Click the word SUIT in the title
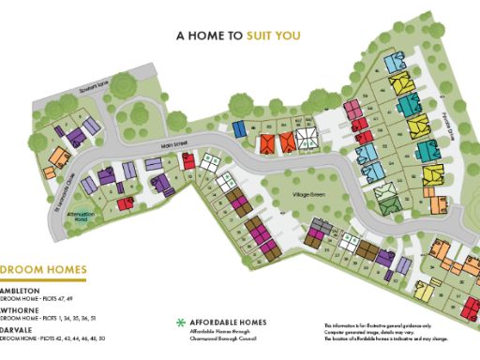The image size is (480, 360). point(262,37)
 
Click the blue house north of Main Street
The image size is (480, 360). point(239,127)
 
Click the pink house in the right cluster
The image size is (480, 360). point(353,111)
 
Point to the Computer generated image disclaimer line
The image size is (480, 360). point(375,331)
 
